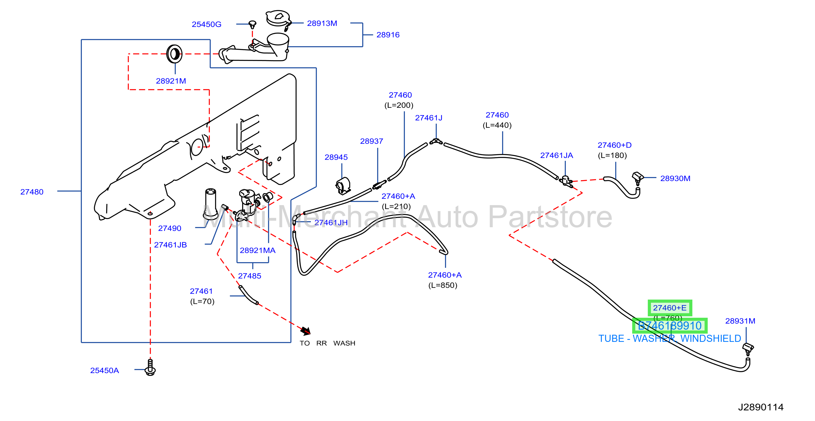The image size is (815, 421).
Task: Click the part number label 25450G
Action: [x=206, y=24]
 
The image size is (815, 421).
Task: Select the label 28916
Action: [x=388, y=35]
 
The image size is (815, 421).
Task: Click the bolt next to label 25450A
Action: [x=150, y=367]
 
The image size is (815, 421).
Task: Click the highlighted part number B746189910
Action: [x=669, y=326]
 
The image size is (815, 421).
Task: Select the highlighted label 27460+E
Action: [x=670, y=308]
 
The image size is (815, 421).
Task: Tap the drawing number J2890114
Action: [x=761, y=407]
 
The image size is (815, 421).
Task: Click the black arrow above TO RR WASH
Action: [x=306, y=331]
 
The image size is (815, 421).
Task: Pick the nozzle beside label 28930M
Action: [x=638, y=178]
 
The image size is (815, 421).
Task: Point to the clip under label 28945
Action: [x=343, y=186]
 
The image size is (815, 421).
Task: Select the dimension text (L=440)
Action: [x=497, y=125]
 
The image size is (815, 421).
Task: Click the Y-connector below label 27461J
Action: [x=436, y=141]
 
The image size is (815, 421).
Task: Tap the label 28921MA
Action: [x=257, y=250]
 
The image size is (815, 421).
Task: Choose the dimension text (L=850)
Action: [x=443, y=285]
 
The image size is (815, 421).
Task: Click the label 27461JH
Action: [x=331, y=222]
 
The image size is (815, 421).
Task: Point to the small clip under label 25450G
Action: [x=252, y=24]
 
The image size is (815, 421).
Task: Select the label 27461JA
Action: [x=556, y=155]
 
